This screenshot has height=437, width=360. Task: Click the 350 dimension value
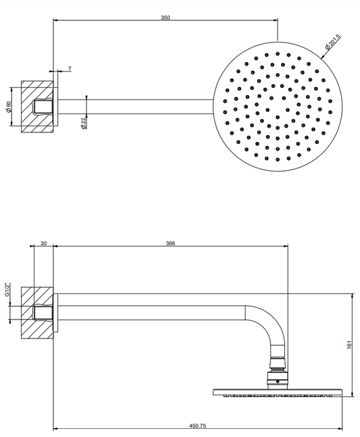[x=165, y=18]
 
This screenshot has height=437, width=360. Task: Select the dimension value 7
[x=70, y=68]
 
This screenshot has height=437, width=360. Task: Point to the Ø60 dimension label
[x=9, y=107]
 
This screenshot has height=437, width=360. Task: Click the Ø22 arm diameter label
[x=84, y=123]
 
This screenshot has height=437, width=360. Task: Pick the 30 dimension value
[x=44, y=243]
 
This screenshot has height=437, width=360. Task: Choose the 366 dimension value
[x=170, y=243]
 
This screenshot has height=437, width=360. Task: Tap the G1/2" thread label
[x=8, y=290]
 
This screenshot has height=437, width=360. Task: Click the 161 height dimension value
[x=350, y=344]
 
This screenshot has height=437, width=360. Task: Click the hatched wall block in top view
[x=37, y=107]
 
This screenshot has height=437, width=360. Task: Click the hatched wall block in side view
[x=37, y=313]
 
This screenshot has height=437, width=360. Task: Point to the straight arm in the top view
[x=136, y=107]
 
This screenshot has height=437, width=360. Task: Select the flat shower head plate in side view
[x=278, y=392]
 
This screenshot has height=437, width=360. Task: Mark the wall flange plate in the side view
[x=55, y=313]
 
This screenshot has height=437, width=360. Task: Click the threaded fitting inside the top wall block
[x=43, y=107]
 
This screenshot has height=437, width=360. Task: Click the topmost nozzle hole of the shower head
[x=278, y=53]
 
